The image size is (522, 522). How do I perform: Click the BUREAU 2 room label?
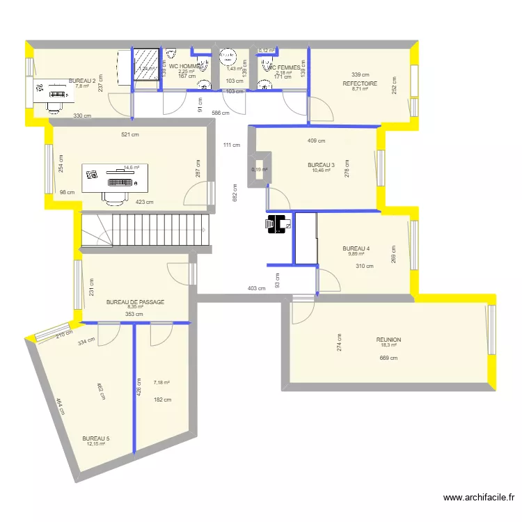point(81,80)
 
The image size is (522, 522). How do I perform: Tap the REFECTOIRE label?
point(360,83)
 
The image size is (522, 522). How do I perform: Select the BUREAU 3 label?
point(321,165)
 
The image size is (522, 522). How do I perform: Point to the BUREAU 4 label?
point(356,248)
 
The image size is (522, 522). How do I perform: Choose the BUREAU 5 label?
point(95,438)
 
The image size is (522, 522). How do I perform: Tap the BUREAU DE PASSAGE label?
point(135,302)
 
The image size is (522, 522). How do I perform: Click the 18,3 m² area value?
point(388,345)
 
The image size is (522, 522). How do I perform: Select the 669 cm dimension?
point(388,358)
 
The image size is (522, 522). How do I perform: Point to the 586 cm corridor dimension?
point(221,113)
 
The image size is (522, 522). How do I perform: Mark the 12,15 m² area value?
point(96,444)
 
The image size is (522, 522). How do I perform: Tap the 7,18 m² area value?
point(161,382)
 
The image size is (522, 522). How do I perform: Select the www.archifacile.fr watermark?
point(480,498)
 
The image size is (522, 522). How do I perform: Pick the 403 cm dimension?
point(257,287)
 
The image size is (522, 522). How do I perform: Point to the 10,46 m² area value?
point(321,171)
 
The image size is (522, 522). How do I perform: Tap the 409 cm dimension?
point(316,141)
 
